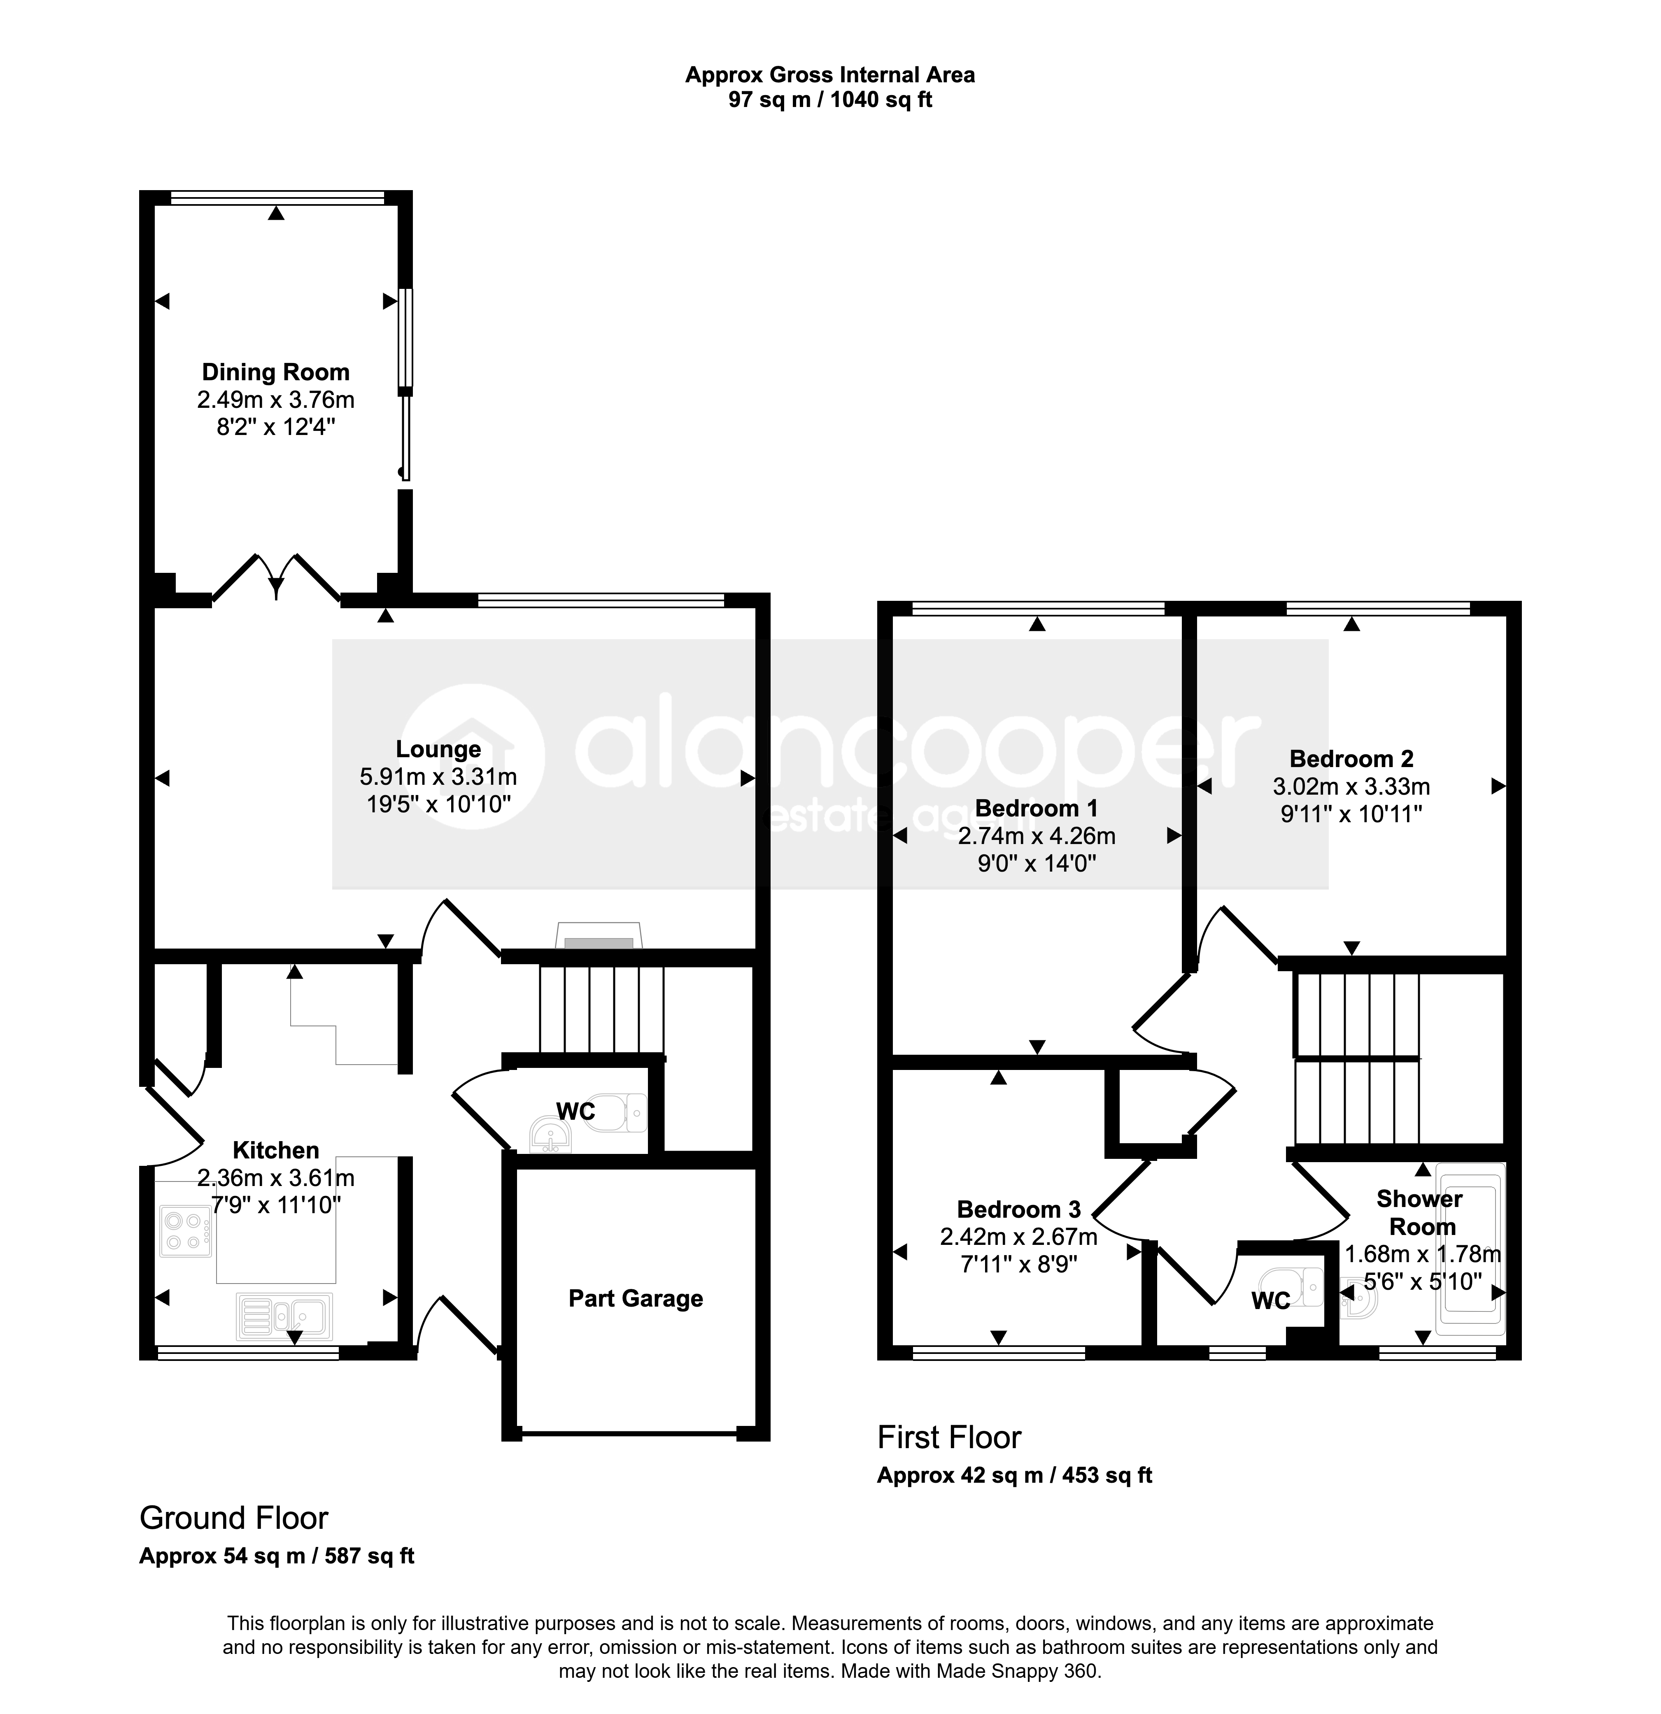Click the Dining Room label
click(275, 372)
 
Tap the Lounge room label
click(438, 749)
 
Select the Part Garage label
click(636, 1299)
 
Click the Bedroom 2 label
click(1351, 759)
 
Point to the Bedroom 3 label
click(1019, 1209)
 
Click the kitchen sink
click(284, 1316)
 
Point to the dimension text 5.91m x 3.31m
click(438, 777)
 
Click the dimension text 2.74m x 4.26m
click(1037, 836)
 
